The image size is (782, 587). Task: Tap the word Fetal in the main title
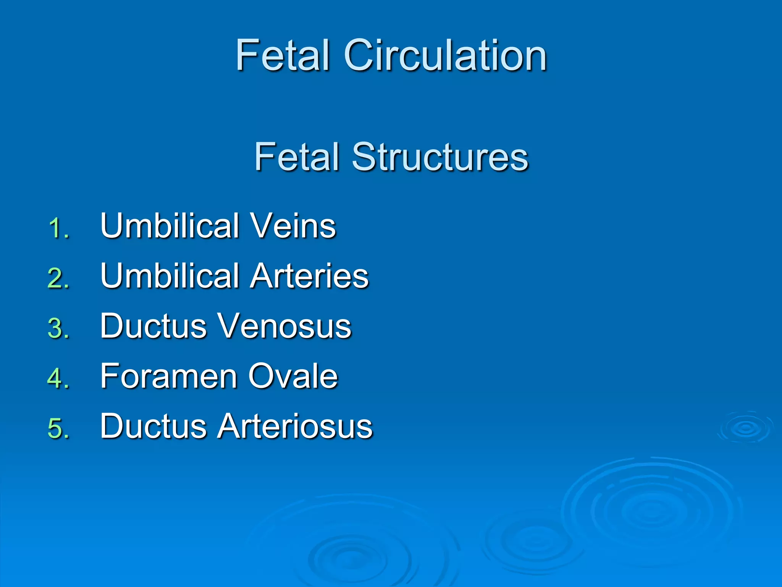click(283, 56)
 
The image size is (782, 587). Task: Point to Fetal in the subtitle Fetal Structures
click(297, 157)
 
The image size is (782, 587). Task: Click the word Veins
click(293, 226)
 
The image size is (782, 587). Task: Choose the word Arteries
click(309, 276)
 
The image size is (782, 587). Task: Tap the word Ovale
click(293, 376)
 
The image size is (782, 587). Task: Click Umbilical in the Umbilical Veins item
click(170, 226)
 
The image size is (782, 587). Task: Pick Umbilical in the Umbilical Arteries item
click(170, 276)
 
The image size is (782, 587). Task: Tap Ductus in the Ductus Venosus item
click(153, 326)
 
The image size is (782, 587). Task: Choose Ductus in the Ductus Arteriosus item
click(153, 426)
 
